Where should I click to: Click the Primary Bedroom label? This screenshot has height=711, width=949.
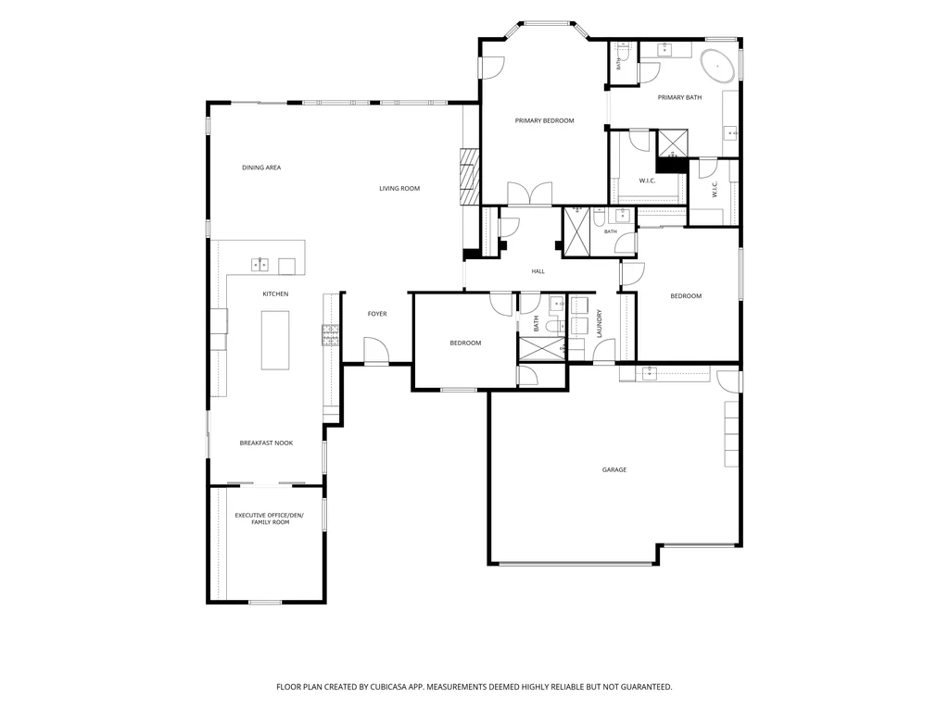544,121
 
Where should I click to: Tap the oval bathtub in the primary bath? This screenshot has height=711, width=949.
718,66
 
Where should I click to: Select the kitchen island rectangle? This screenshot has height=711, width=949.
274,340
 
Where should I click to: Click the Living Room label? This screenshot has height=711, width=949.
399,189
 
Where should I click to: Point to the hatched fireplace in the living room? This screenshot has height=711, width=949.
469,177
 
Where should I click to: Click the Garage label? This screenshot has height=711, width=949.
614,469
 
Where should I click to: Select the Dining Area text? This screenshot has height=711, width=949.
261,168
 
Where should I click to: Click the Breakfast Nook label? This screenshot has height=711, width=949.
266,443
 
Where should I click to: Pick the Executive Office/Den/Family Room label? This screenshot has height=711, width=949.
270,518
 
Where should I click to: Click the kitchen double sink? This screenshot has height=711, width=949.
259,265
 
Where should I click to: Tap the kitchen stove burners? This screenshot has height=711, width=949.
330,335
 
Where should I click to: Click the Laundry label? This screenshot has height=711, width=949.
600,323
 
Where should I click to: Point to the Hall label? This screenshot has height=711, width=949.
538,271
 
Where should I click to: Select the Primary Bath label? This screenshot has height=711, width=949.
679,97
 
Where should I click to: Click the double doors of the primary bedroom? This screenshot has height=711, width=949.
529,193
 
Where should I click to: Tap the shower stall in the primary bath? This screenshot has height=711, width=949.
673,143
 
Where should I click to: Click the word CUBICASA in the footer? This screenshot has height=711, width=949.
391,687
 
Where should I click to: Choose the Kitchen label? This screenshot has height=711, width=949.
275,293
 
